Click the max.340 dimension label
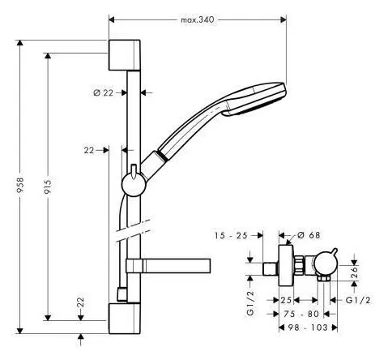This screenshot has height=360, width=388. [198, 19]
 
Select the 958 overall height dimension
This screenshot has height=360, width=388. [20, 185]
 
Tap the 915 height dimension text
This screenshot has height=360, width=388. [48, 187]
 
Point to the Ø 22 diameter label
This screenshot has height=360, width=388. [104, 92]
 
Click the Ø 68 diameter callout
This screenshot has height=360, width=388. [309, 235]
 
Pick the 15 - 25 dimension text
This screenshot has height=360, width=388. [231, 235]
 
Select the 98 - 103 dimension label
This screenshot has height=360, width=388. [308, 328]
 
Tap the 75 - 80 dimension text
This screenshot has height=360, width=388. [301, 314]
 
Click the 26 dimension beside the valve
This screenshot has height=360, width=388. [355, 272]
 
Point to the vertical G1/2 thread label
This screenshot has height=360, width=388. [250, 303]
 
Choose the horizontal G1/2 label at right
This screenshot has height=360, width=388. [358, 300]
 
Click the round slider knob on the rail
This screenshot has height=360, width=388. [134, 185]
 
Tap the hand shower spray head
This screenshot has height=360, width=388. [254, 99]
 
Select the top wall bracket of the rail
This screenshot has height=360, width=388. [125, 55]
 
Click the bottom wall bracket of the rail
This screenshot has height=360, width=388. [125, 319]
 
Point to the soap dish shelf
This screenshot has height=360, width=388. [168, 266]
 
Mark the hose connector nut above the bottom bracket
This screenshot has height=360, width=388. [122, 294]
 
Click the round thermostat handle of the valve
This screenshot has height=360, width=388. [325, 265]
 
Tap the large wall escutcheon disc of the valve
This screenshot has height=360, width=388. [287, 265]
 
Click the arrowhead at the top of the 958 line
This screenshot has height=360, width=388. [20, 43]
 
